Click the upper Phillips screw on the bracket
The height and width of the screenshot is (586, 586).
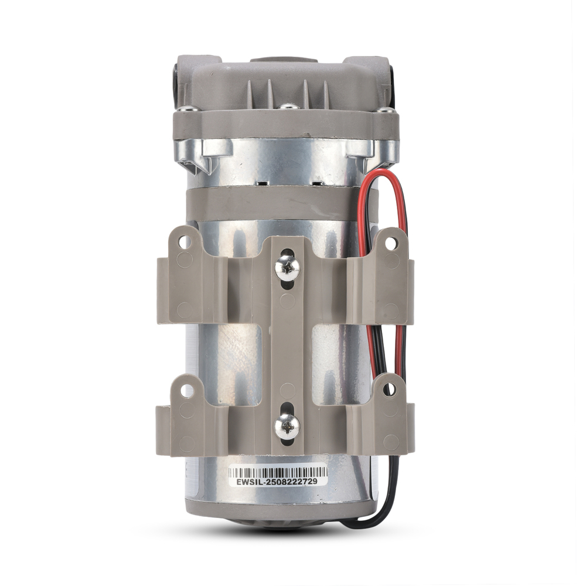[x=287, y=267]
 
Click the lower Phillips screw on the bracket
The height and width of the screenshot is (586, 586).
[x=287, y=426]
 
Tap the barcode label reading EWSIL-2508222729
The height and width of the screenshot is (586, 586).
[x=278, y=476]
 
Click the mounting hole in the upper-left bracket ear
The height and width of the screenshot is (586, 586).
[x=184, y=243]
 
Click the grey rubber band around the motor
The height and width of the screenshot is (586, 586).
[x=282, y=204]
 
